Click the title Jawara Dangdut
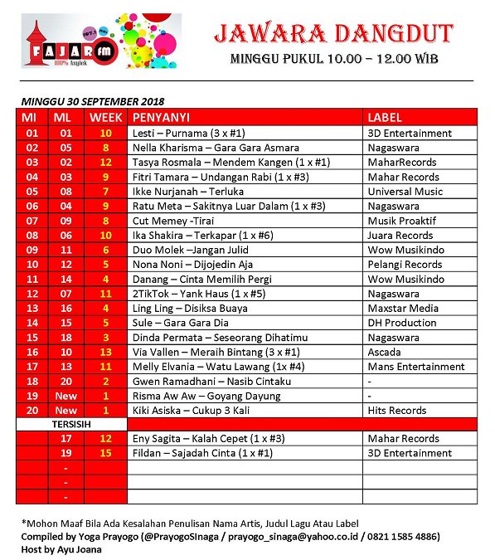point(332,33)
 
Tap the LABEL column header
point(385,117)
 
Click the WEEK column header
point(105,117)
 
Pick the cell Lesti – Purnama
point(188,133)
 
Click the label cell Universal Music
point(406,192)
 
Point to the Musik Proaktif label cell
point(402,221)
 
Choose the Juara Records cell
point(400,236)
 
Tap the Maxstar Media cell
point(401,309)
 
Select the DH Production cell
point(402,323)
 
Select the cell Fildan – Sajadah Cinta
point(201,453)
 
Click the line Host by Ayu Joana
point(58,549)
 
